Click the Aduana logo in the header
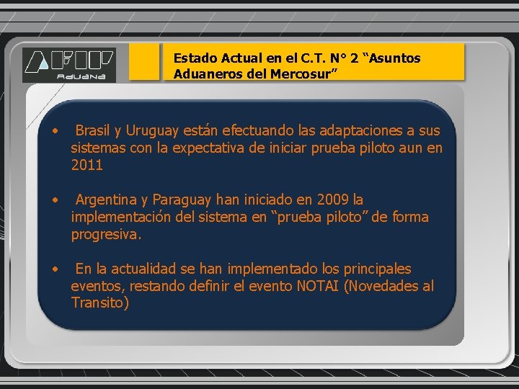click(68, 64)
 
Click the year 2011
click(87, 165)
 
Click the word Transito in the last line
click(99, 303)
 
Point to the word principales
click(376, 269)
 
